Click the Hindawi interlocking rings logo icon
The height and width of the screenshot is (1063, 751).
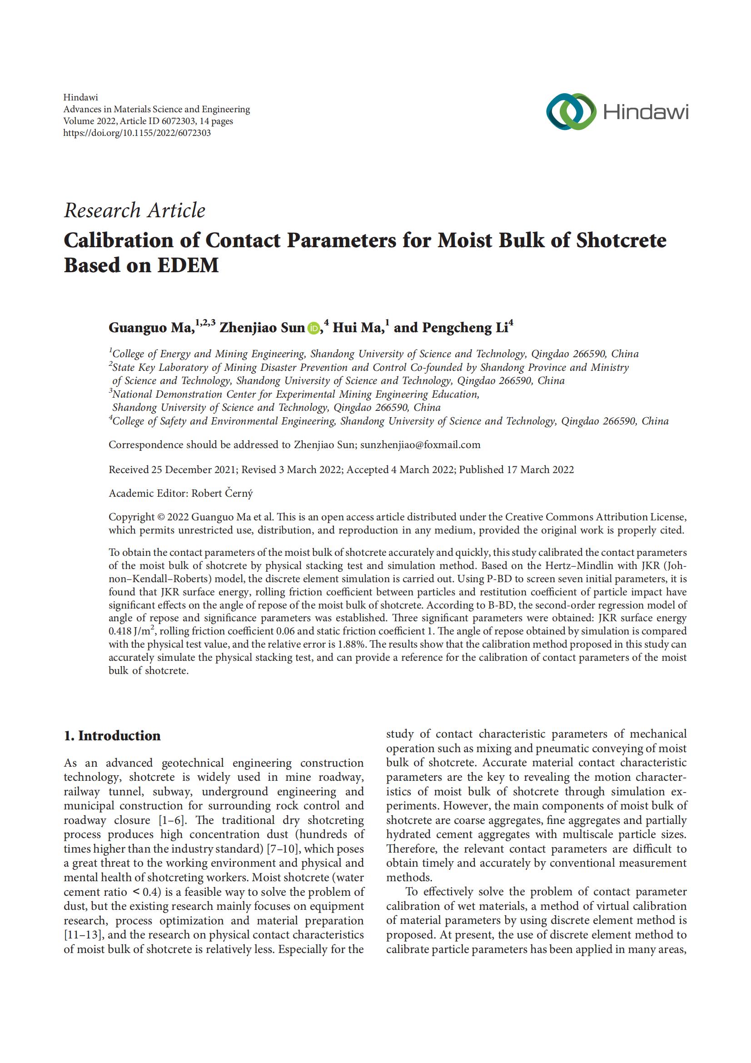[x=571, y=112]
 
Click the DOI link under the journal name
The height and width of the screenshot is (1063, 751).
[x=137, y=133]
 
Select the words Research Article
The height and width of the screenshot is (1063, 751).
[x=134, y=210]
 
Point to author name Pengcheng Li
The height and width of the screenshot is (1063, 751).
[x=465, y=328]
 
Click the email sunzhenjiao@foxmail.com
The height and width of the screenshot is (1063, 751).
[x=420, y=445]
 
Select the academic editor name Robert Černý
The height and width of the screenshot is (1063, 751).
[x=222, y=494]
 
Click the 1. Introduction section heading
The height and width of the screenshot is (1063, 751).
[x=112, y=736]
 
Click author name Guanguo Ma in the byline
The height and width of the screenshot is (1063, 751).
[x=149, y=328]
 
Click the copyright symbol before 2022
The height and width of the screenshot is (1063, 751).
[x=160, y=517]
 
